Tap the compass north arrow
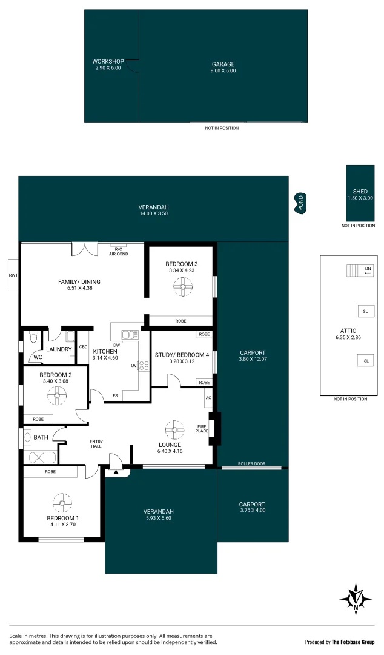(x=356, y=599)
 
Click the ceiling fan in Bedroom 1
(x=61, y=502)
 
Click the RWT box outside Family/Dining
(x=13, y=275)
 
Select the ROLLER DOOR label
(x=251, y=463)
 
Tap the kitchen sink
(x=130, y=334)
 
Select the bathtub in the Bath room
(x=40, y=457)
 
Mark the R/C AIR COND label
(x=118, y=251)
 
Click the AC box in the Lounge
(x=208, y=398)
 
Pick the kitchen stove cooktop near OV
(x=144, y=365)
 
